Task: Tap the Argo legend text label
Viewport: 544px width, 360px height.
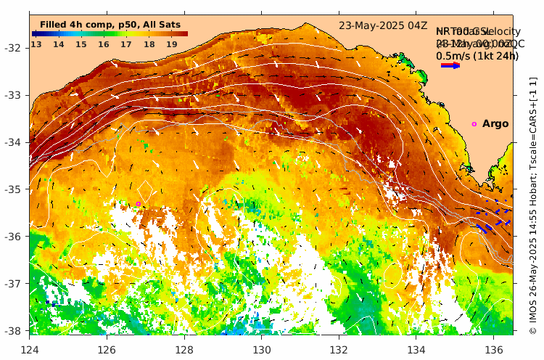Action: point(495,124)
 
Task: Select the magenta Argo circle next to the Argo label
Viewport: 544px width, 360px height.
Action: point(474,124)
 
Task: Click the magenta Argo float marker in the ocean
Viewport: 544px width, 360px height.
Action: point(138,204)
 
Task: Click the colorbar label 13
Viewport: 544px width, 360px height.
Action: point(36,44)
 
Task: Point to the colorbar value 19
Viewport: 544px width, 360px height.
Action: point(172,44)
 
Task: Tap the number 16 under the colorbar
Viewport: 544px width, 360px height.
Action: point(104,44)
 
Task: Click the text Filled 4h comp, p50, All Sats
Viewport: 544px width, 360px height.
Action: point(110,25)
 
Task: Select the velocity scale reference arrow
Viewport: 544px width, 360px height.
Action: point(450,65)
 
